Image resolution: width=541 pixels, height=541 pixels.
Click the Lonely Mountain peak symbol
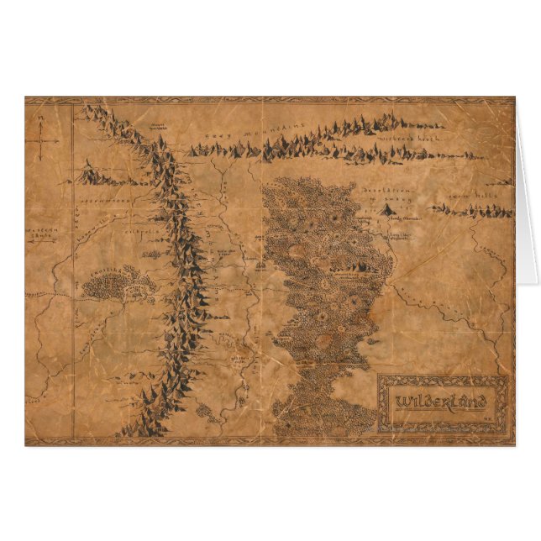[388, 210]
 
